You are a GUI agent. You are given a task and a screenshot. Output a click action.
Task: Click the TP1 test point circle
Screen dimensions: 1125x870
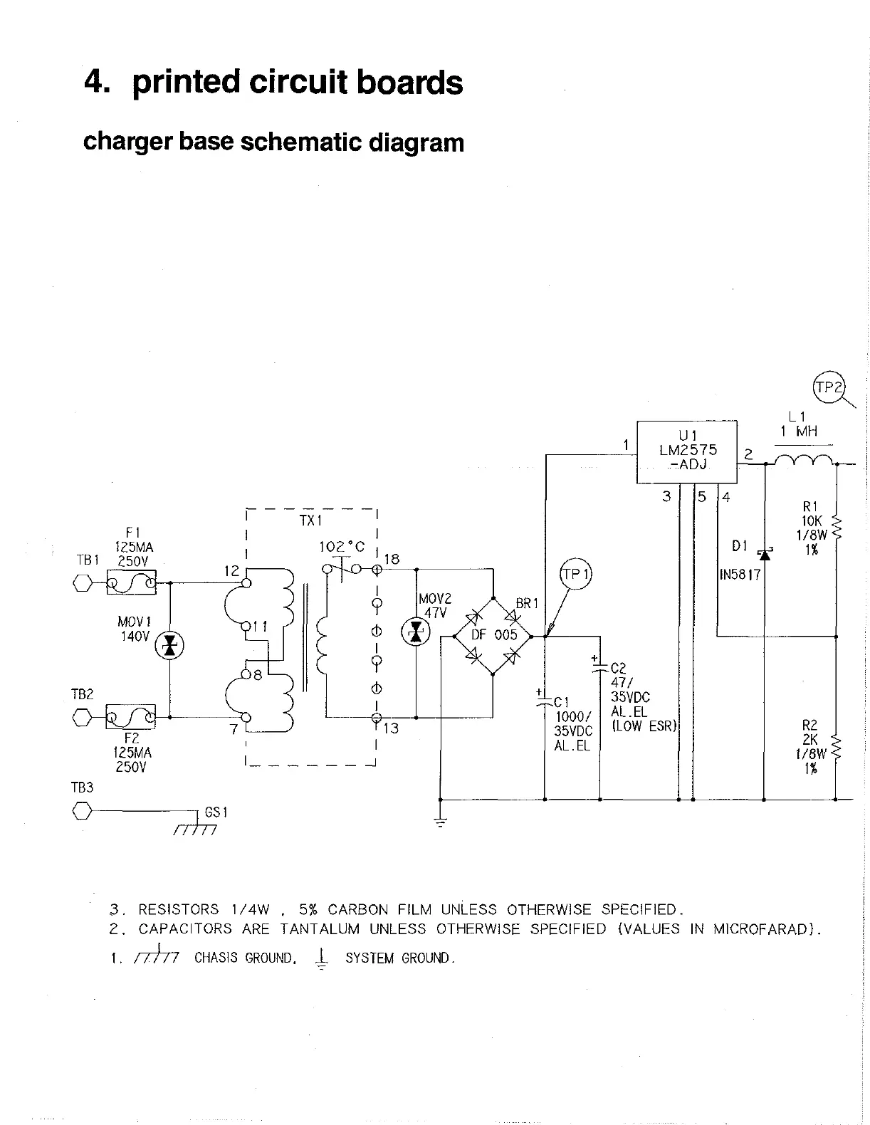576,575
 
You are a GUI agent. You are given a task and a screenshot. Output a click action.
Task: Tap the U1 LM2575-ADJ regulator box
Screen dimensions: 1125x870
686,451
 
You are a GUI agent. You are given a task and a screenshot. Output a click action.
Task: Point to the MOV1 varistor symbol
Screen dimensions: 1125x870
169,646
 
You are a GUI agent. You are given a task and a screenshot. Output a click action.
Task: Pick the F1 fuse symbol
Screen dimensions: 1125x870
131,584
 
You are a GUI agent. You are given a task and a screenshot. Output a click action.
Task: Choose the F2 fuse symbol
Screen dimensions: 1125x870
131,716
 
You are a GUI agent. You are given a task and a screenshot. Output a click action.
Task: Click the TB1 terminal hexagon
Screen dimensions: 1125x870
83,584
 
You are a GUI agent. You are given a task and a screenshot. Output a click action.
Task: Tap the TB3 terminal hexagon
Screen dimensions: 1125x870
83,811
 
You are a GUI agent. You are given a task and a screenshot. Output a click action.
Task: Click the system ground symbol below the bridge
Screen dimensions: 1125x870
441,822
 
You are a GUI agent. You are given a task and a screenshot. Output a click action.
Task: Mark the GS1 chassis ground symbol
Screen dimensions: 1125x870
195,826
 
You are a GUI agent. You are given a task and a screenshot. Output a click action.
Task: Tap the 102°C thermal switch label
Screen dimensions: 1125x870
342,547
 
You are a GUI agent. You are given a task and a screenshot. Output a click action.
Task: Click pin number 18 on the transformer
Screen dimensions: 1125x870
392,559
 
